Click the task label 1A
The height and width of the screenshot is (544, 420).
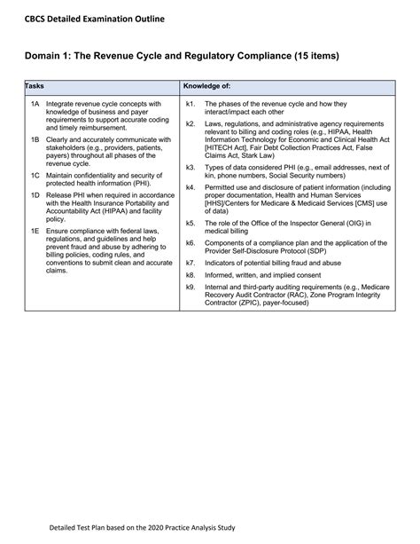point(35,104)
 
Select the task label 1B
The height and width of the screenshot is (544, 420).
point(35,139)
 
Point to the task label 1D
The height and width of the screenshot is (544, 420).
point(35,194)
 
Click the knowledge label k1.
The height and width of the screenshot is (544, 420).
point(191,104)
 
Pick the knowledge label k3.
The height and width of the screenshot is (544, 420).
point(191,167)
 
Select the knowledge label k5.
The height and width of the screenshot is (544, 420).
point(191,222)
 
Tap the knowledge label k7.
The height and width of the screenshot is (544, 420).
point(191,263)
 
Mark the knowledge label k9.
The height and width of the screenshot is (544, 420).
point(191,287)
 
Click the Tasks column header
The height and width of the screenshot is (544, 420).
point(35,86)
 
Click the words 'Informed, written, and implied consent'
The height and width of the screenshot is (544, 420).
point(263,275)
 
